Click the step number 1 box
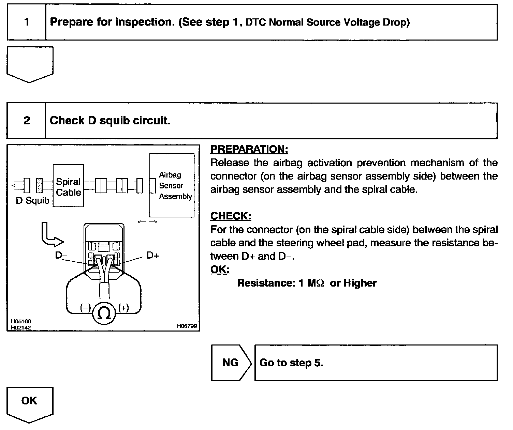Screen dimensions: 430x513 coord(27,22)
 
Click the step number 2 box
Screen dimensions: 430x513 coord(27,121)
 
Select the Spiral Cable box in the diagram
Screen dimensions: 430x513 coord(69,186)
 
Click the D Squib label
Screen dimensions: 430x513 coord(32,201)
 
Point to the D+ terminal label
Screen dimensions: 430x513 coord(153,255)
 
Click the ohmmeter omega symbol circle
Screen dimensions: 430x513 coord(104,313)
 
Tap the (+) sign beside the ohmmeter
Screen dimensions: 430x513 coord(123,308)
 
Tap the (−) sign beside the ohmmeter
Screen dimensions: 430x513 coord(85,308)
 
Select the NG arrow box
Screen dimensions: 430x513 coord(231,363)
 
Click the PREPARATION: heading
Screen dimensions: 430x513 coord(249,149)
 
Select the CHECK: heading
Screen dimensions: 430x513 coord(231,216)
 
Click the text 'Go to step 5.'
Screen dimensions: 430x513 coord(291,363)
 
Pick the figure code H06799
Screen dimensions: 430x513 coord(187,326)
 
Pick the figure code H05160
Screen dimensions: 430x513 coord(21,321)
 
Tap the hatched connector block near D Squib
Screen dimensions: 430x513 coord(39,186)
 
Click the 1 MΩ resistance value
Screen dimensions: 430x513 coord(310,283)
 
